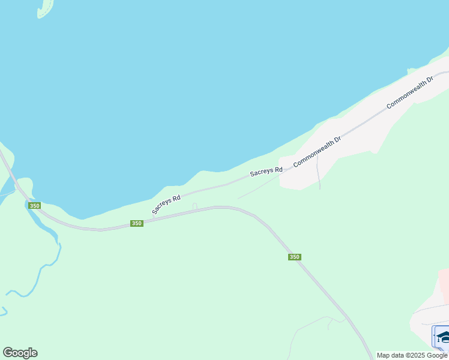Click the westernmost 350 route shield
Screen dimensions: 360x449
pos(35,206)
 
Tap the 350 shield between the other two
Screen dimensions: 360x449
pos(137,223)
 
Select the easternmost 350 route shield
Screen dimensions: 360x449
pos(294,257)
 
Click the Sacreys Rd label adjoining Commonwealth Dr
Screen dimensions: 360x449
pos(266,172)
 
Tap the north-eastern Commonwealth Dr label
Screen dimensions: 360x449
pos(411,92)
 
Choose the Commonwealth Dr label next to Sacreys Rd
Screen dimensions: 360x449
pos(317,151)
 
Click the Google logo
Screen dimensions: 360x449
pos(20,353)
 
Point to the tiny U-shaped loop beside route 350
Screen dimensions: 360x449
pos(194,206)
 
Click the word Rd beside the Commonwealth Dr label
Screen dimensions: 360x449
pos(278,170)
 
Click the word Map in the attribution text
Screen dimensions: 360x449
pos(384,355)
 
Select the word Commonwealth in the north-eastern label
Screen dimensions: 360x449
pos(406,95)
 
